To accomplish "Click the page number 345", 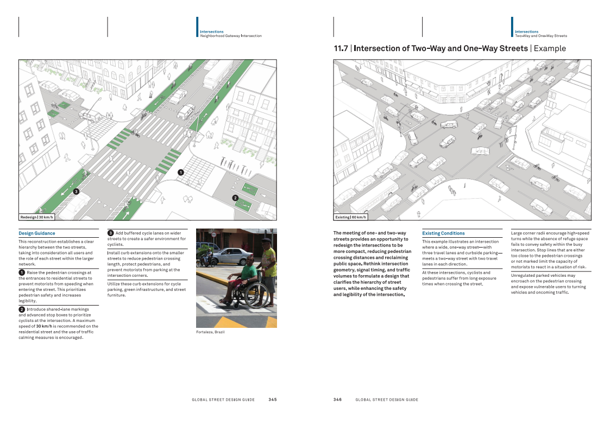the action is (272, 400).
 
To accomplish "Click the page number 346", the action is (337, 400).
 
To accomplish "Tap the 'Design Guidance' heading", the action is (37, 233).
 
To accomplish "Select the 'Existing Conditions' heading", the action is (443, 233).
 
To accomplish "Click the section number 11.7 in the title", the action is (341, 48).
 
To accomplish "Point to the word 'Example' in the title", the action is (550, 48).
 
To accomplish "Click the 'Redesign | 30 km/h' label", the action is (36, 217).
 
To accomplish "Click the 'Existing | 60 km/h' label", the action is (350, 217).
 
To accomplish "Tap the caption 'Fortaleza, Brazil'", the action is (210, 332).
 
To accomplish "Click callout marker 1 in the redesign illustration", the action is (180, 172).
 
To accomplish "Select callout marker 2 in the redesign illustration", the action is (235, 198).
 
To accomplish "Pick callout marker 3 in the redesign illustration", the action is (76, 191).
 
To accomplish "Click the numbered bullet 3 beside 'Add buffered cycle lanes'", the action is (110, 233).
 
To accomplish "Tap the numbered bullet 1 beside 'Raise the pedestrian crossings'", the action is (22, 272).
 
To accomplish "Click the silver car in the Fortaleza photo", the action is (228, 256).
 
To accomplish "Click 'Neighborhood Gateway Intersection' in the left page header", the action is (231, 36).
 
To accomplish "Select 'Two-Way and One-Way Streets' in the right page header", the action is (541, 36).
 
